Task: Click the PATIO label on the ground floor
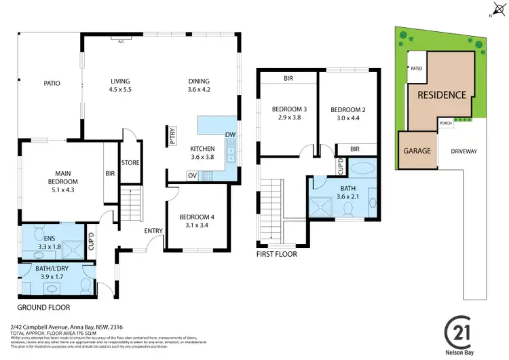point(52,84)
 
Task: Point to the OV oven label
point(192,175)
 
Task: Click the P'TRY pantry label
point(173,139)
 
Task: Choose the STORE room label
point(130,162)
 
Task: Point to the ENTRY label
point(153,231)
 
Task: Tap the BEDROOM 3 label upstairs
point(290,113)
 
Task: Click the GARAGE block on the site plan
point(417,150)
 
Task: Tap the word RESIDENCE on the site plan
point(441,95)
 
